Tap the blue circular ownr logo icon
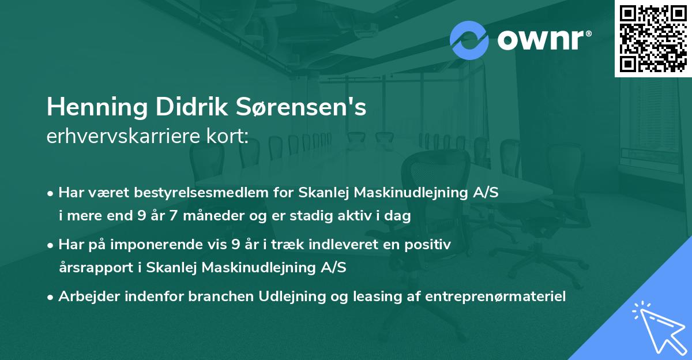(469, 40)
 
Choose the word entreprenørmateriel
(495, 296)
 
